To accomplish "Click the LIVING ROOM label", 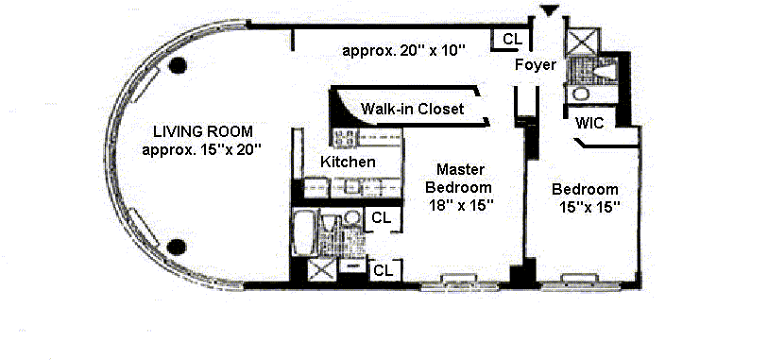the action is pyautogui.click(x=203, y=131).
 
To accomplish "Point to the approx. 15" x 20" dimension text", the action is pyautogui.click(x=200, y=149).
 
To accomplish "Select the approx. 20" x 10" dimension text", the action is pyautogui.click(x=403, y=50).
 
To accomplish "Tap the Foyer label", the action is pyautogui.click(x=536, y=64).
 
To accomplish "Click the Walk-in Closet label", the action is pyautogui.click(x=412, y=109).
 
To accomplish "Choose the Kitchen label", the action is pyautogui.click(x=348, y=162).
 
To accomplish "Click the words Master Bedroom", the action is pyautogui.click(x=458, y=179).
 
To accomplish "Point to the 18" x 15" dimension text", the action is pyautogui.click(x=459, y=205).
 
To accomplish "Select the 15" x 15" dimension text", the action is pyautogui.click(x=589, y=206).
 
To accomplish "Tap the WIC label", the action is pyautogui.click(x=589, y=123).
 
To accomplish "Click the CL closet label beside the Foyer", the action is pyautogui.click(x=512, y=39).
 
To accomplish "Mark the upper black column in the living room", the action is pyautogui.click(x=178, y=65).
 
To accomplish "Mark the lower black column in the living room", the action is pyautogui.click(x=177, y=248).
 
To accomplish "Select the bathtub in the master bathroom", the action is pyautogui.click(x=304, y=232).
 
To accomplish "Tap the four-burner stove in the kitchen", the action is pyautogui.click(x=345, y=138).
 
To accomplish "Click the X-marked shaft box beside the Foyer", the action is pyautogui.click(x=582, y=41).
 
